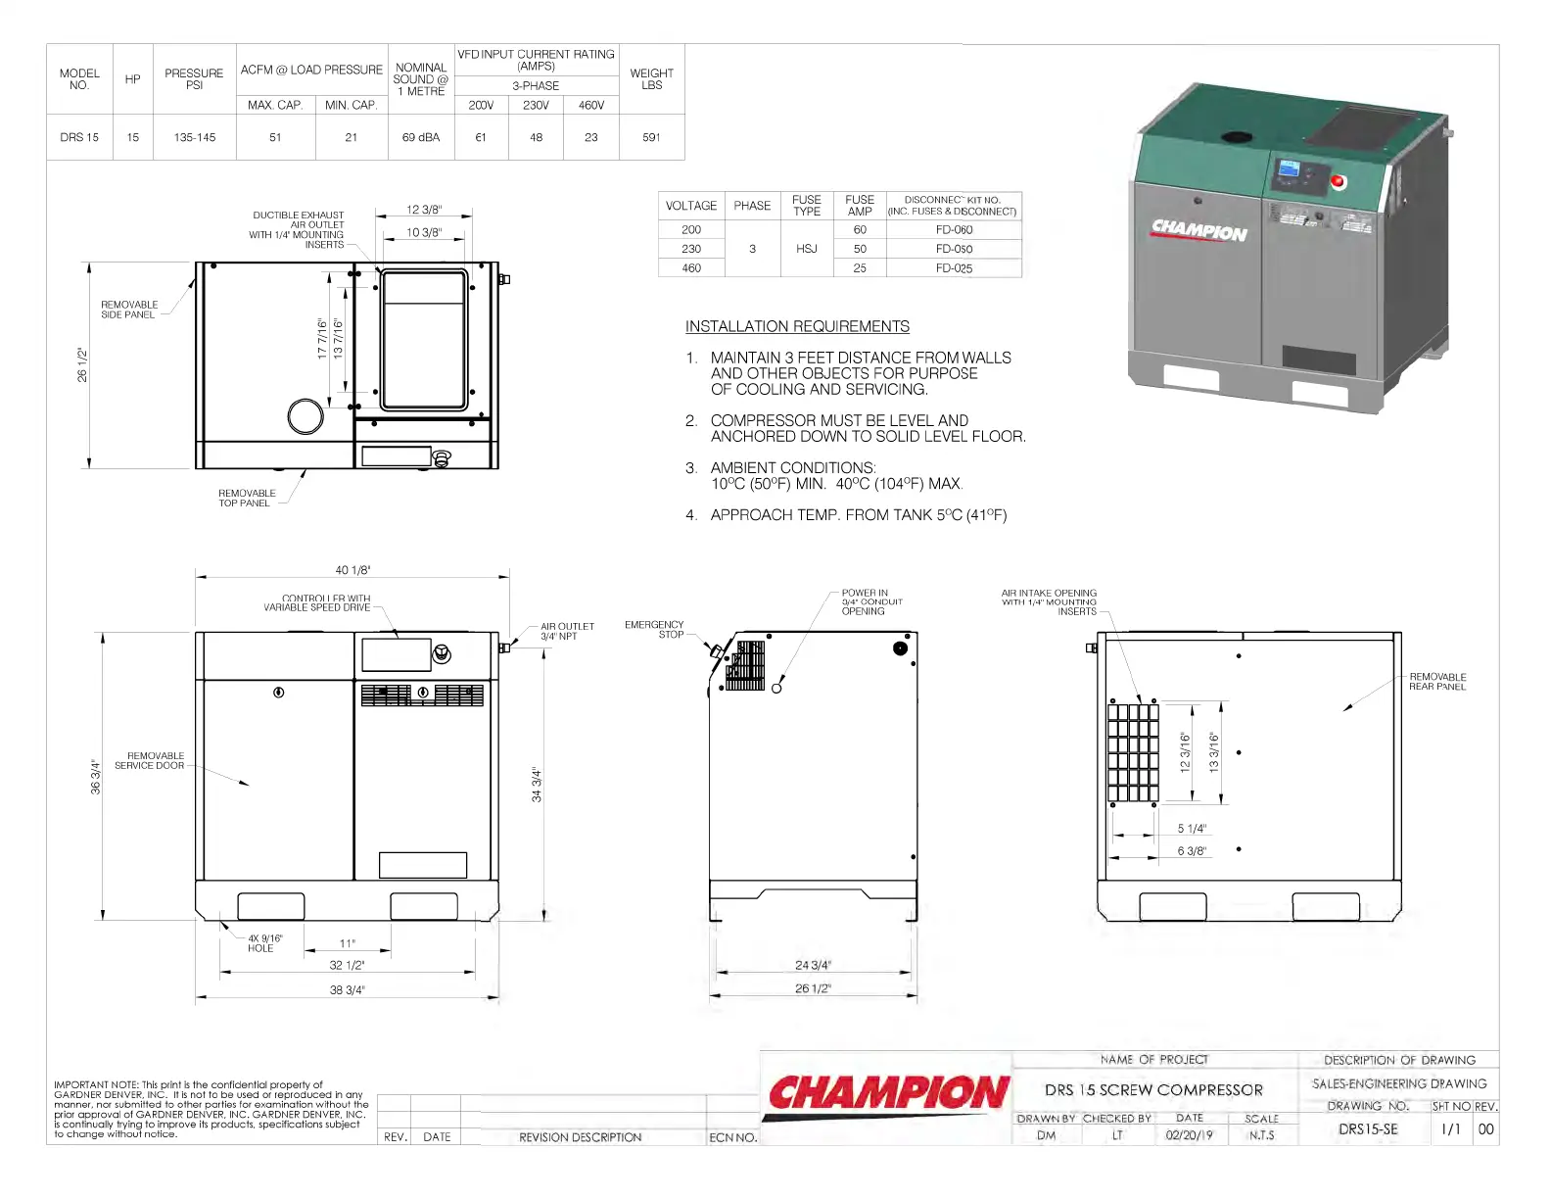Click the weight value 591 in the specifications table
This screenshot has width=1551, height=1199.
(651, 137)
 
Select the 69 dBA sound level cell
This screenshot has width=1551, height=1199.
(421, 137)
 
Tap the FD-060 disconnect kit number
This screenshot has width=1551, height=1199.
(954, 230)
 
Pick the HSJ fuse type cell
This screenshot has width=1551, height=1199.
(806, 249)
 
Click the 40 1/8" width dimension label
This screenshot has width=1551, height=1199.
(352, 570)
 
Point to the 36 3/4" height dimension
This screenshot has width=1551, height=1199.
(95, 776)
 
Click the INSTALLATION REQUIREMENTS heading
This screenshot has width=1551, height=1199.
(797, 326)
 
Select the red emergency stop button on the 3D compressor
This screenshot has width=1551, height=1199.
(1339, 181)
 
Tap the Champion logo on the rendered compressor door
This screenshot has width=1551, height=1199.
(1199, 230)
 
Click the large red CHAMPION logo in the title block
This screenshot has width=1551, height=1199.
(888, 1093)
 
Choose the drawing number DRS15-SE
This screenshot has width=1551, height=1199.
(1368, 1129)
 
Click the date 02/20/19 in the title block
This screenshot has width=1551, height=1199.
(1189, 1135)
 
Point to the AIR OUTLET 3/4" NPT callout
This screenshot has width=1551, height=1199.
(567, 632)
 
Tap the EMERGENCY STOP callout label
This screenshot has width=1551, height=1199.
(654, 629)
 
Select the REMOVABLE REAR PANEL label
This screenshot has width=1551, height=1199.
(1437, 682)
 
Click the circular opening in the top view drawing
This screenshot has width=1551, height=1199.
(305, 416)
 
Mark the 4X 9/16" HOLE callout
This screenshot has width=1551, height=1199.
(264, 943)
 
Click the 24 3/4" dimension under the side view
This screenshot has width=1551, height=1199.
(813, 965)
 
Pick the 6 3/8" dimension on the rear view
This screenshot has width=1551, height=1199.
(1192, 851)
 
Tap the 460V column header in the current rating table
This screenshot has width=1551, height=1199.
(591, 105)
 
